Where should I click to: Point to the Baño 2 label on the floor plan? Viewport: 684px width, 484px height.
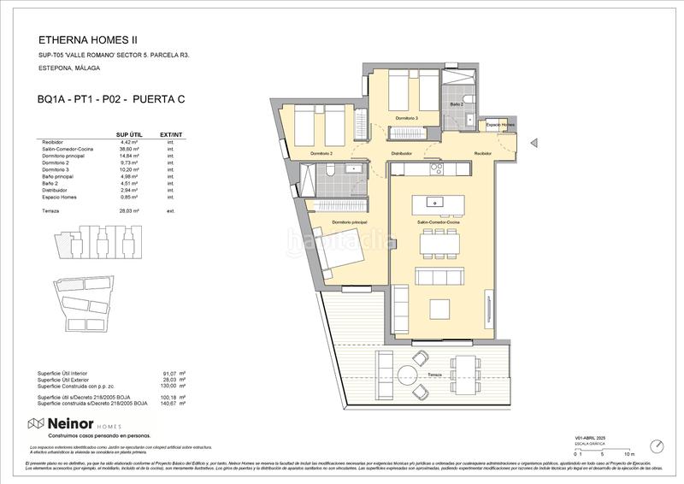coord(457,104)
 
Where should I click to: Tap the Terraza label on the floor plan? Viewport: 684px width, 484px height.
coord(434,375)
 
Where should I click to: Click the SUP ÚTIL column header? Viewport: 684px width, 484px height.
coord(128,135)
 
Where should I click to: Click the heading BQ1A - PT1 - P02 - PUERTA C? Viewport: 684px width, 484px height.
coord(111,99)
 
